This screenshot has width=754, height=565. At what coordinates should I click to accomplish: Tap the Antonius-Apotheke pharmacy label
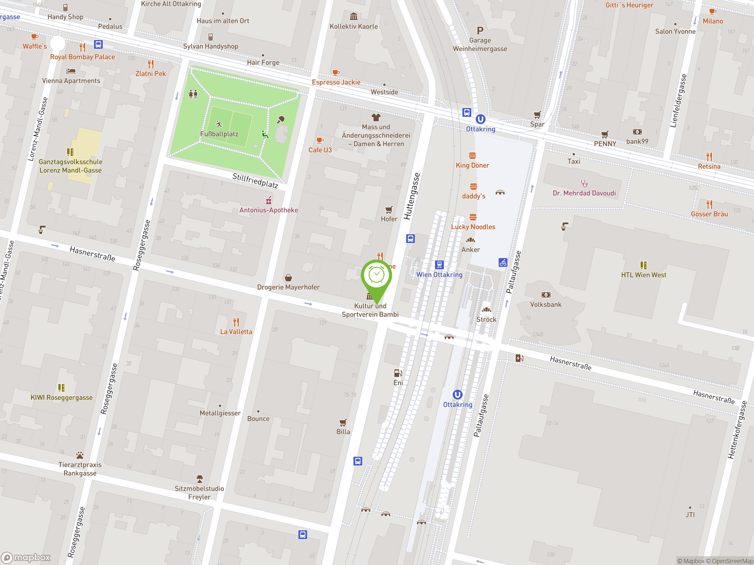click(269, 210)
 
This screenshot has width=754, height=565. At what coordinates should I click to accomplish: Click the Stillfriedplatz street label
click(255, 180)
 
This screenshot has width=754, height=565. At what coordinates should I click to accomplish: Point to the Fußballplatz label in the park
click(219, 134)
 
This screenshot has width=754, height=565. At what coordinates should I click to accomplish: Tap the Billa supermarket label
click(343, 432)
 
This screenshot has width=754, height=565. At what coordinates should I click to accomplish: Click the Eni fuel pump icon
click(398, 373)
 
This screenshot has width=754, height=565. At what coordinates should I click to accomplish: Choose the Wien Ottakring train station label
click(439, 275)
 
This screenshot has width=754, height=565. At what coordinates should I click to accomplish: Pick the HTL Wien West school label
click(644, 275)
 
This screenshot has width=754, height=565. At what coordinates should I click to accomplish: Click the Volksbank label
click(546, 305)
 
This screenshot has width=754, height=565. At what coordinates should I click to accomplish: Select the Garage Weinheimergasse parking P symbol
click(480, 31)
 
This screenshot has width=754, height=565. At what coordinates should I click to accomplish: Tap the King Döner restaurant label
click(472, 165)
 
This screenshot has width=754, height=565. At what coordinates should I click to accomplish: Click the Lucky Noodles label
click(473, 227)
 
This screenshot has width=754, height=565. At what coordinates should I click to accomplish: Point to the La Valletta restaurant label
click(236, 332)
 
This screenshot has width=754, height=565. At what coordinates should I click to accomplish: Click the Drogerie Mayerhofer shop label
click(288, 287)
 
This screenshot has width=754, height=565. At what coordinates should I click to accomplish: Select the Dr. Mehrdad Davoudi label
click(584, 193)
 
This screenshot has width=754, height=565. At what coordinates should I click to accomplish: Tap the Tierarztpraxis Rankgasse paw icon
click(80, 455)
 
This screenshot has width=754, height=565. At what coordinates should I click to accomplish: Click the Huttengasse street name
click(412, 196)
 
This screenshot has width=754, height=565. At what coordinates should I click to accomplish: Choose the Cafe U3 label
click(320, 150)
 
